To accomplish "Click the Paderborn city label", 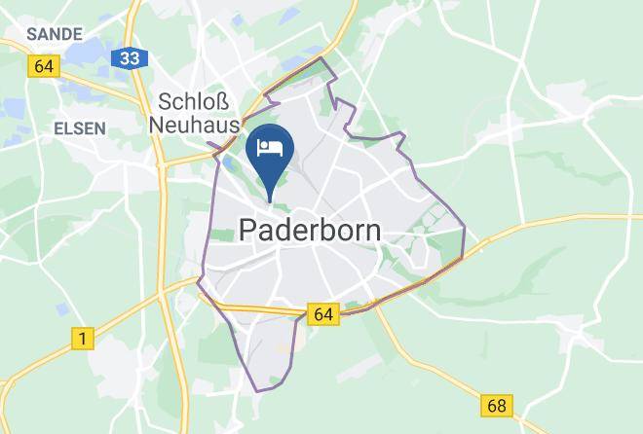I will point(310,231).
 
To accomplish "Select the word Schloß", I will point(192,102).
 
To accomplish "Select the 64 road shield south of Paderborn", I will point(323,313).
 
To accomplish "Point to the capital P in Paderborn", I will point(247,231).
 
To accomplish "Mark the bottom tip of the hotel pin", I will point(269,202).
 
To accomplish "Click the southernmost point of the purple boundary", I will point(258,392).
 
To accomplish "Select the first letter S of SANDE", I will point(32,34).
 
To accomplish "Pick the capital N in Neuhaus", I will point(158,124).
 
